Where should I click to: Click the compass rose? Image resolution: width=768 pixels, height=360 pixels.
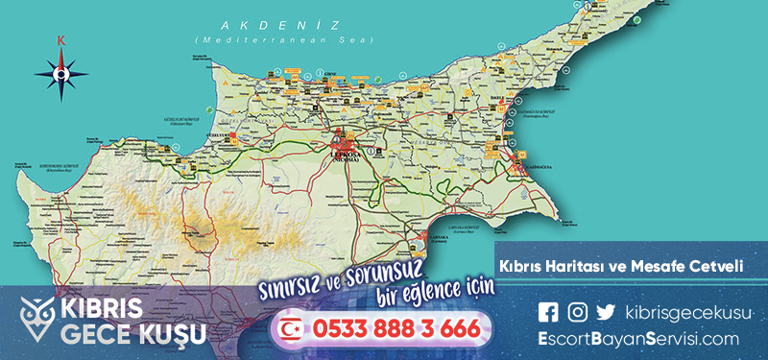pyautogui.click(x=62, y=73)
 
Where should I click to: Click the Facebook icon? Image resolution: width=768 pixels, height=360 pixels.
pyautogui.click(x=548, y=311)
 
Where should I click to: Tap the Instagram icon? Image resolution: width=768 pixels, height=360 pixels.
pyautogui.click(x=577, y=311)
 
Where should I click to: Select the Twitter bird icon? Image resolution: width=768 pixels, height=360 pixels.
pyautogui.click(x=605, y=311)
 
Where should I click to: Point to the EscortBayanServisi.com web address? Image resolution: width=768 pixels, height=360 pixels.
pyautogui.click(x=638, y=338)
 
